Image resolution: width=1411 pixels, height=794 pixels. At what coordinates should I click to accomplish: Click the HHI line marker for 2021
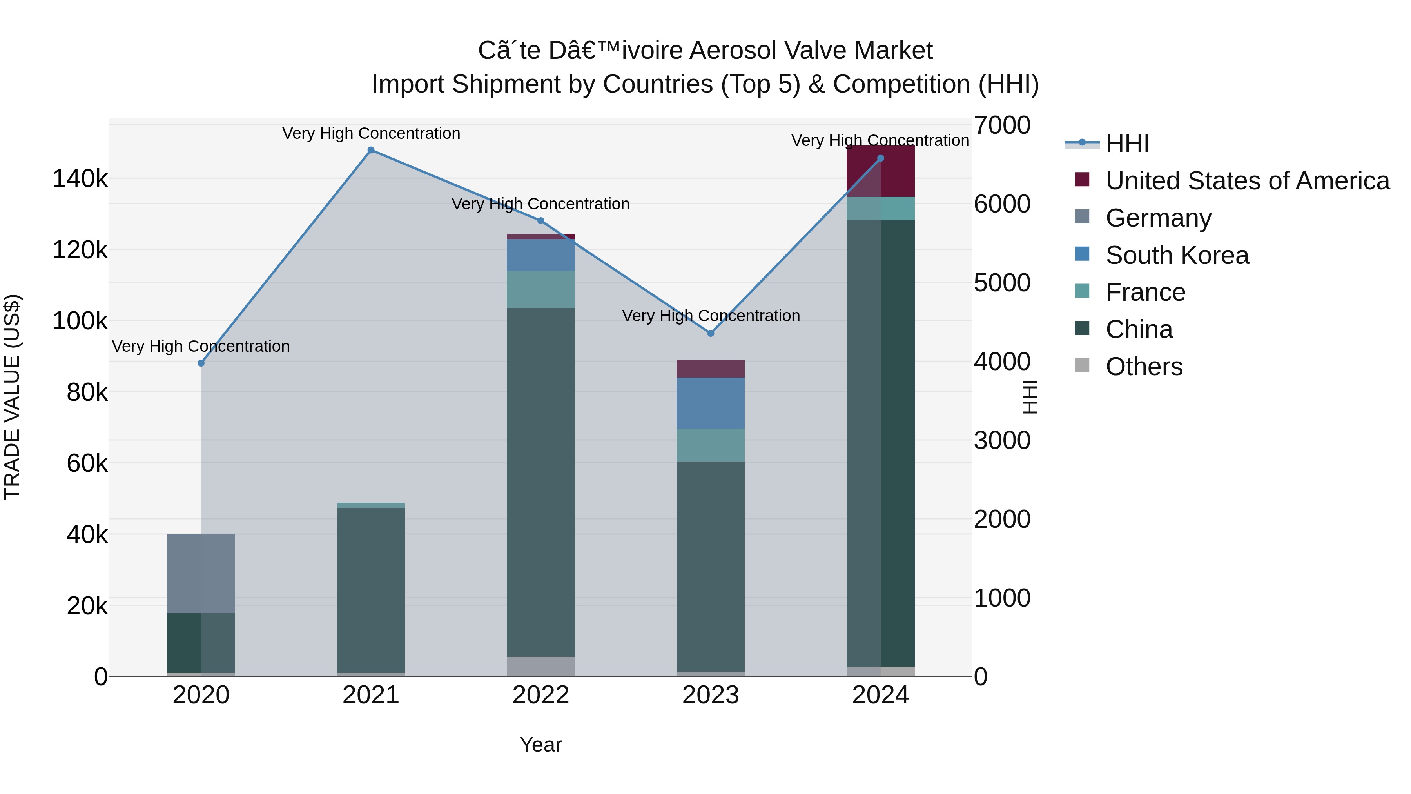[371, 150]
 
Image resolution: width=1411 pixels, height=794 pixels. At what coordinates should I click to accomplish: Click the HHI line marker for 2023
[711, 333]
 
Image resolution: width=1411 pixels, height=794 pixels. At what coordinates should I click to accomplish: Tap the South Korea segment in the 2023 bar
[711, 403]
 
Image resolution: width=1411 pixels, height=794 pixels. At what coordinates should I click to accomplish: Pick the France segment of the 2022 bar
[540, 289]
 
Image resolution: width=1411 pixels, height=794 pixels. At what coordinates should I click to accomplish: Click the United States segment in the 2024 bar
[880, 171]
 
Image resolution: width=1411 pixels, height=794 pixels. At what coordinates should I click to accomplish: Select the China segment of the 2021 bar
[371, 590]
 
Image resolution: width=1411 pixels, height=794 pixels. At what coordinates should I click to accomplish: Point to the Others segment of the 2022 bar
[540, 666]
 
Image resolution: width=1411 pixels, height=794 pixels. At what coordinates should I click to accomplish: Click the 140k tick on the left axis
[80, 179]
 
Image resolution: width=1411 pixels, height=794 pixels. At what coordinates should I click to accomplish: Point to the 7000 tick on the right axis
[1002, 125]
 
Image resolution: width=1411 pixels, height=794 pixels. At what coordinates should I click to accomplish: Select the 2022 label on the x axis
[540, 695]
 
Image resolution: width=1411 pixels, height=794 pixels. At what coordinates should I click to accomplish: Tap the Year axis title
[540, 745]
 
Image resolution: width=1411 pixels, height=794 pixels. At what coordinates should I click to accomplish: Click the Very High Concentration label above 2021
[371, 134]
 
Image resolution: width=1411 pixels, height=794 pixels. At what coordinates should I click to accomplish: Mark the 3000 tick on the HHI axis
[1002, 441]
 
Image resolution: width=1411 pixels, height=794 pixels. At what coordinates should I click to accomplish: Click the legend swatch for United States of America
[1082, 180]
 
